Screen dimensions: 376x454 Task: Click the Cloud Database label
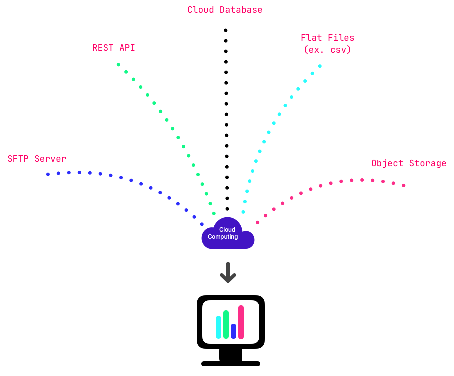[x=225, y=10]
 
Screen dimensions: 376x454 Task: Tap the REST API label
[x=114, y=48]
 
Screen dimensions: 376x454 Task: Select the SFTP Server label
[x=37, y=159]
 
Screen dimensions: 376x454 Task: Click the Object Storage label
[x=409, y=163]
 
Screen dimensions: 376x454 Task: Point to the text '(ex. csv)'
[x=327, y=50]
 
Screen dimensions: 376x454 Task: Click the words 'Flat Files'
[x=327, y=38]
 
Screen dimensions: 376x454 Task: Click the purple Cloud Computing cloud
[x=228, y=234]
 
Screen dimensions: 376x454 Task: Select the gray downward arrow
[x=228, y=272]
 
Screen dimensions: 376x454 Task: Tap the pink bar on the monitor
[x=241, y=322]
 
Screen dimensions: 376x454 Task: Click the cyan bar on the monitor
[x=219, y=327]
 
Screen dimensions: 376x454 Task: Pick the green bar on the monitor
[x=226, y=325]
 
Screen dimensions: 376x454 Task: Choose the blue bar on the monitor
[x=234, y=331]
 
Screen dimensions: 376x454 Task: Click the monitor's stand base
[x=231, y=363]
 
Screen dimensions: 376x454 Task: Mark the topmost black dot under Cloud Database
[x=225, y=30]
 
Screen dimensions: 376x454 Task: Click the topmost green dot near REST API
[x=118, y=65]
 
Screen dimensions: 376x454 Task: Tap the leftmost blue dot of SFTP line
[x=48, y=174]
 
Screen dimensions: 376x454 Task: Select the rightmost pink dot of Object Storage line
[x=404, y=186]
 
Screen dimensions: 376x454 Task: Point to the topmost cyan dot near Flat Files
[x=320, y=66]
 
